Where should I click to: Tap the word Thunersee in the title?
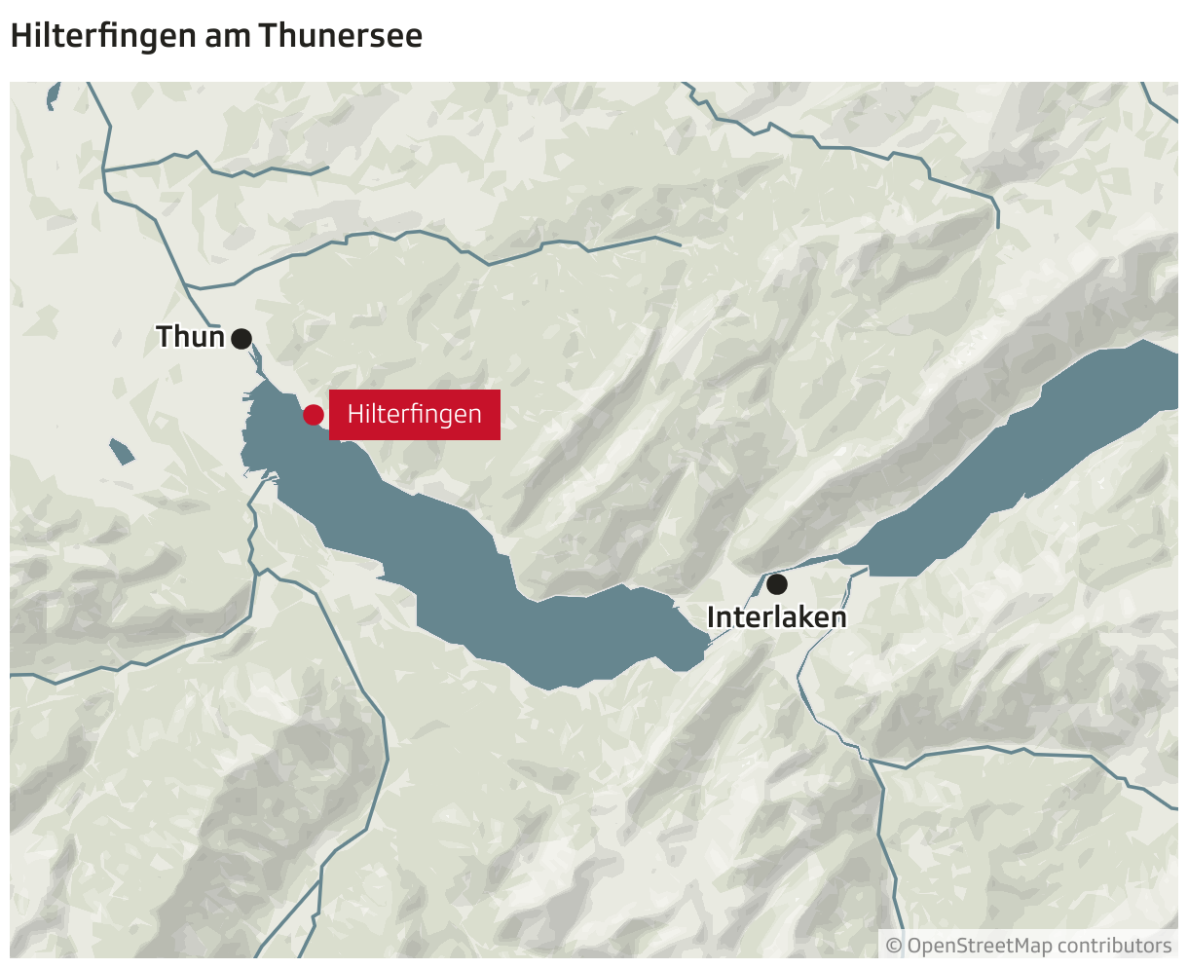(x=341, y=36)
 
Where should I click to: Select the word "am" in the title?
(x=227, y=36)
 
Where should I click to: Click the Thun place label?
(x=191, y=337)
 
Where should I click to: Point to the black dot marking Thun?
(x=241, y=339)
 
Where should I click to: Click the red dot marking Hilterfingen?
(x=314, y=415)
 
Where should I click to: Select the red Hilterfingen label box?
(x=415, y=415)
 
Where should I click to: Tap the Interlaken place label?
(x=776, y=617)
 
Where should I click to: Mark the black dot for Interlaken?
(x=776, y=584)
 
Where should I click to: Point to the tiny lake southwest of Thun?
(x=122, y=451)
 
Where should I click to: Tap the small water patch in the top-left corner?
(x=53, y=95)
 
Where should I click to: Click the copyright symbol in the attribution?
(x=894, y=946)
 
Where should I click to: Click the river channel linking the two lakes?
(x=740, y=609)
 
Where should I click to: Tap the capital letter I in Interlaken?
(x=712, y=617)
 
